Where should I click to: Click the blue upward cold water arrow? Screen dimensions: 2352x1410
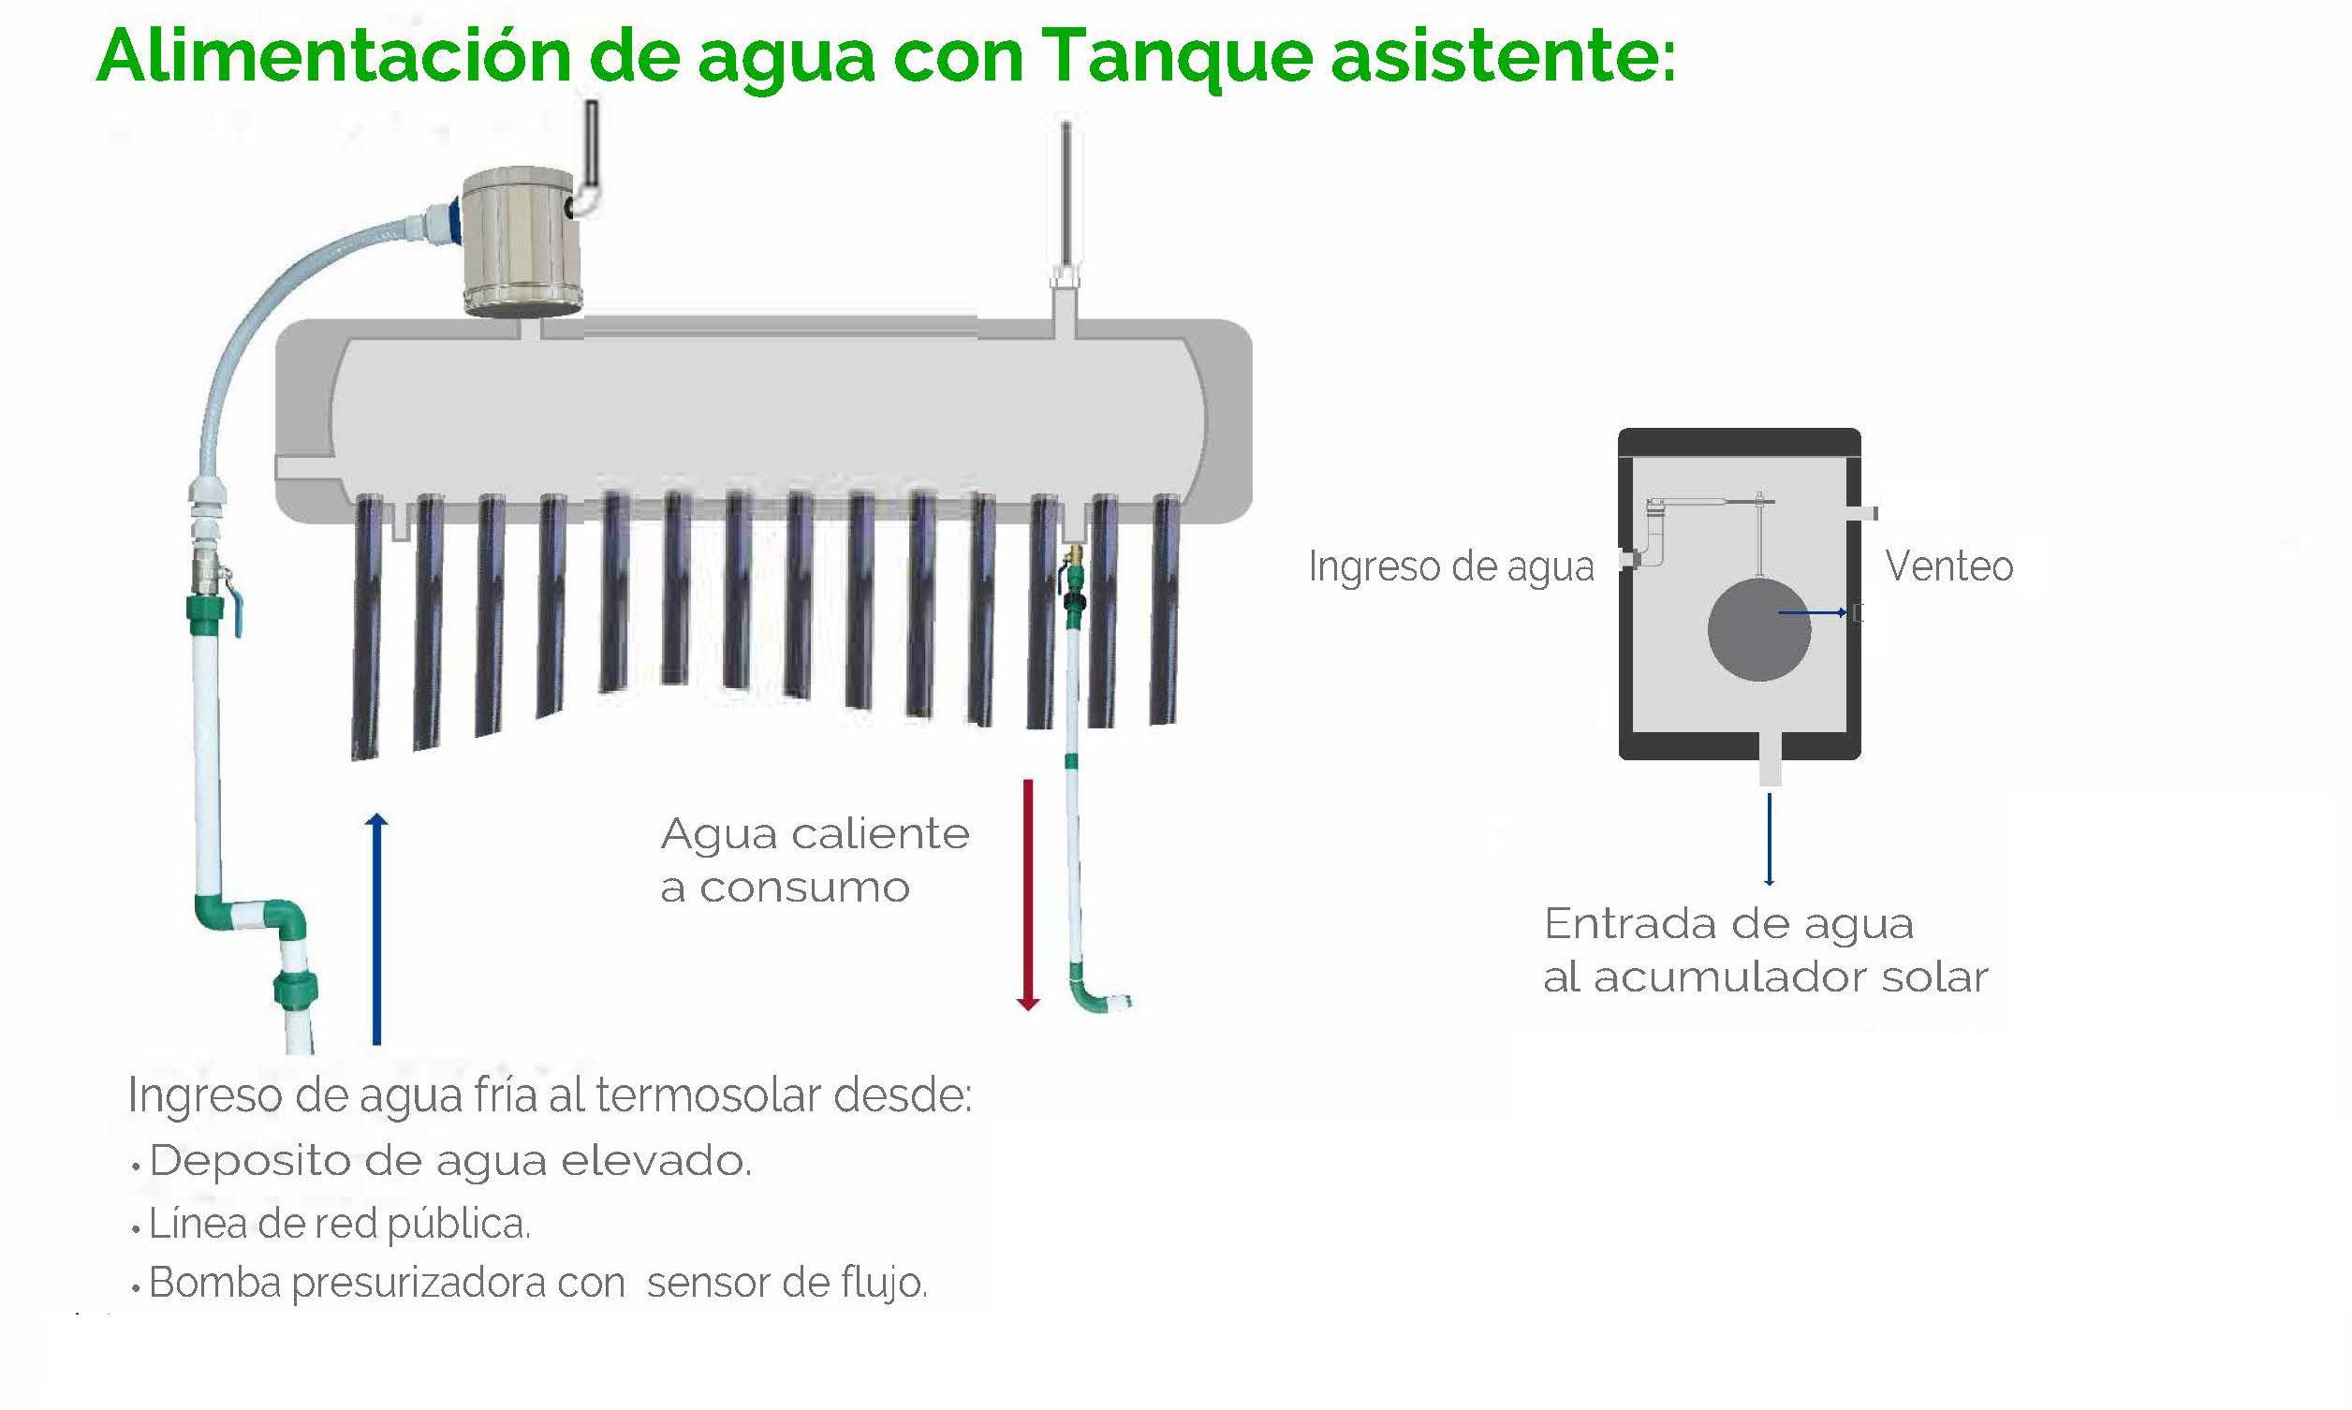[x=377, y=929]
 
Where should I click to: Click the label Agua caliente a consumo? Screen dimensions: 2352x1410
[x=815, y=859]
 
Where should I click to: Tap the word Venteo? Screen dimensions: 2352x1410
[x=1949, y=566]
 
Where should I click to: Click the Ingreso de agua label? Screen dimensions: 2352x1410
[x=1451, y=567]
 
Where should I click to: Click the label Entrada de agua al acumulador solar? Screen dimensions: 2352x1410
[x=1765, y=950]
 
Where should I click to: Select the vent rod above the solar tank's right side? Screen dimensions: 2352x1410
[x=1066, y=196]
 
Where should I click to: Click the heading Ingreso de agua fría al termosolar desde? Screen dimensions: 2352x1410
[x=550, y=1095]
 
